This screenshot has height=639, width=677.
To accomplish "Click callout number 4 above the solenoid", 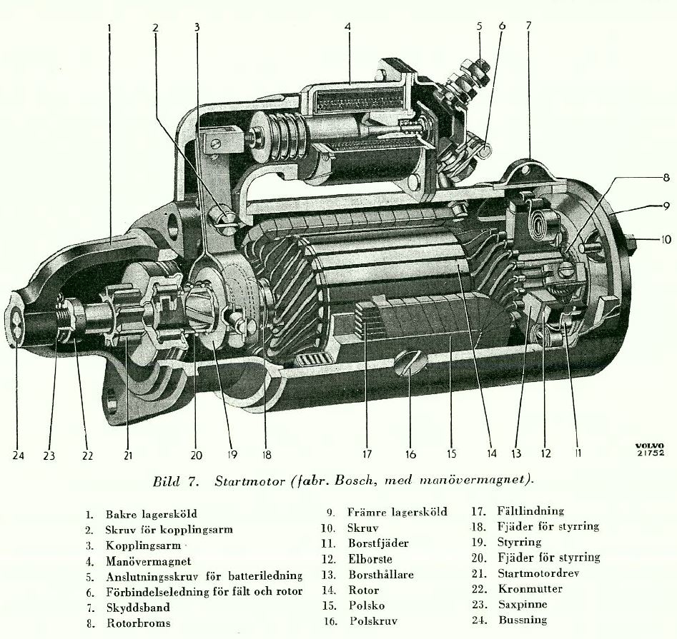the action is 347,26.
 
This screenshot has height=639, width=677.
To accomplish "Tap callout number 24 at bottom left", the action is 18,456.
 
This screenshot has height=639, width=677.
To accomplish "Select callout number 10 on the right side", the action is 666,239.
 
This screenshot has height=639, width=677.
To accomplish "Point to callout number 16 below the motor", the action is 410,454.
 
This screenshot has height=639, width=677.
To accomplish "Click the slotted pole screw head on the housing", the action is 410,362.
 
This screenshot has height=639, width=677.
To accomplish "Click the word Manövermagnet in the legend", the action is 149,561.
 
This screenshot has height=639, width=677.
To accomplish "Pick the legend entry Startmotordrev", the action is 538,573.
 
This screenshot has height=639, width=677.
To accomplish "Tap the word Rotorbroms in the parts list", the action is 138,623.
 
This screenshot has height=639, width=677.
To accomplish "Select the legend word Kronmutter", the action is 530,588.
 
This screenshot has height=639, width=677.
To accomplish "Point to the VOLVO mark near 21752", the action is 650,446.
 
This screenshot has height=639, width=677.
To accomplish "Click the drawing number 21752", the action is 651,453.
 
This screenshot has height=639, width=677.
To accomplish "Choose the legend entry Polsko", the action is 367,605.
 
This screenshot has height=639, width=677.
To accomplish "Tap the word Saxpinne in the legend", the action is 523,604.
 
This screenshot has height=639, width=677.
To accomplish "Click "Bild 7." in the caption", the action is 175,480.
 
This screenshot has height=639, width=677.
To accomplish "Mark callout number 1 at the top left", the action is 109,28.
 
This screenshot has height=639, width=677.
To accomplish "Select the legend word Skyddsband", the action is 138,608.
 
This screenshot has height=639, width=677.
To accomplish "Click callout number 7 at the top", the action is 528,25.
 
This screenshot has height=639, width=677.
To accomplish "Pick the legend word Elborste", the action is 370,559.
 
